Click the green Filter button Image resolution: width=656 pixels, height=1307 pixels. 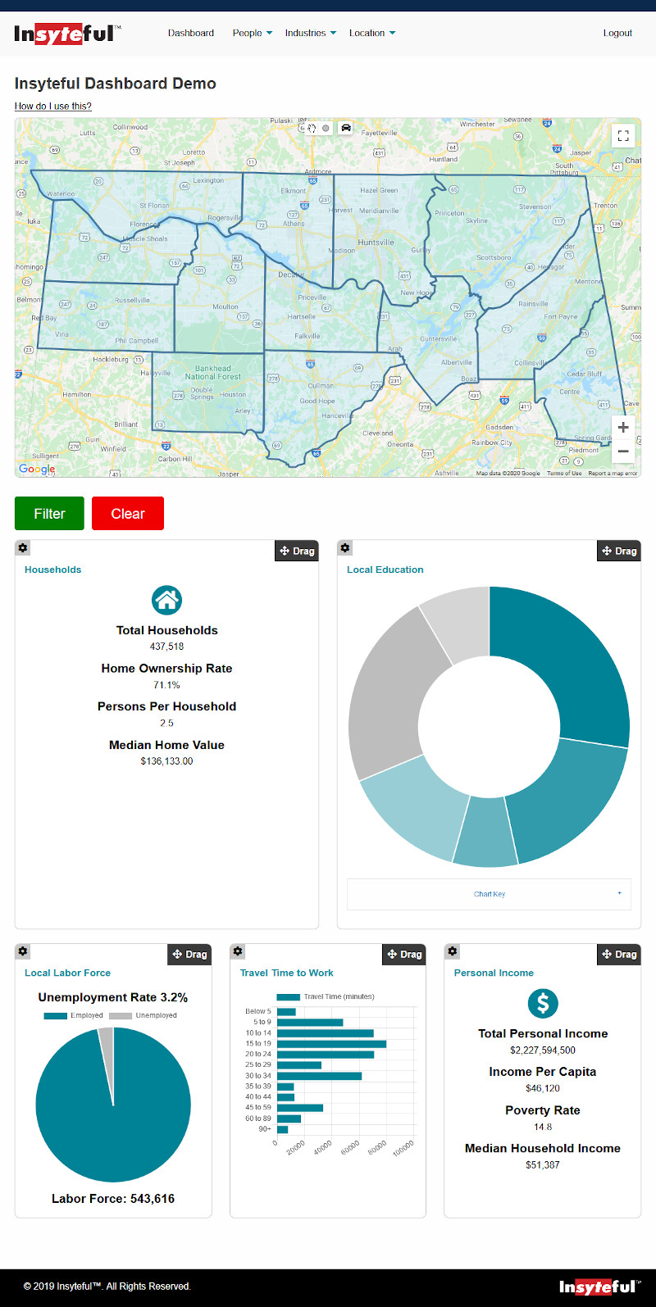pyautogui.click(x=49, y=514)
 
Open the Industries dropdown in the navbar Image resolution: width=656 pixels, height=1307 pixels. pyautogui.click(x=310, y=34)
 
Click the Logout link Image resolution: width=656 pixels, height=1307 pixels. pyautogui.click(x=617, y=34)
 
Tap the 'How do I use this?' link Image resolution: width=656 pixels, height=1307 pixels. pyautogui.click(x=53, y=107)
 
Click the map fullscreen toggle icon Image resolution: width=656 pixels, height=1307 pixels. pyautogui.click(x=623, y=135)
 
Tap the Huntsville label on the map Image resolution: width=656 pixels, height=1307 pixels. pyautogui.click(x=376, y=243)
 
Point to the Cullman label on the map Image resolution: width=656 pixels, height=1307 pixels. pyautogui.click(x=321, y=385)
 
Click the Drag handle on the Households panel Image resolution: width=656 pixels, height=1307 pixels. pyautogui.click(x=297, y=551)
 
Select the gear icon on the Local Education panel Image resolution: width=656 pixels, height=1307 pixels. pyautogui.click(x=345, y=548)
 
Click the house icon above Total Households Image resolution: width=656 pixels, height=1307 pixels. pyautogui.click(x=166, y=601)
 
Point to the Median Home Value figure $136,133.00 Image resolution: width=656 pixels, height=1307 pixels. pyautogui.click(x=166, y=761)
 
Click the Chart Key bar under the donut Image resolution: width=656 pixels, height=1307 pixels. pyautogui.click(x=489, y=894)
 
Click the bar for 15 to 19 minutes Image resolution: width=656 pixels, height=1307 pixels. pyautogui.click(x=331, y=1044)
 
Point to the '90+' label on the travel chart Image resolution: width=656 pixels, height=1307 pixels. pyautogui.click(x=265, y=1129)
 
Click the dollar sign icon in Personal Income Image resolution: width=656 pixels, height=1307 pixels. pyautogui.click(x=543, y=1003)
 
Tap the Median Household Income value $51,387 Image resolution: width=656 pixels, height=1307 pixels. pyautogui.click(x=543, y=1165)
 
